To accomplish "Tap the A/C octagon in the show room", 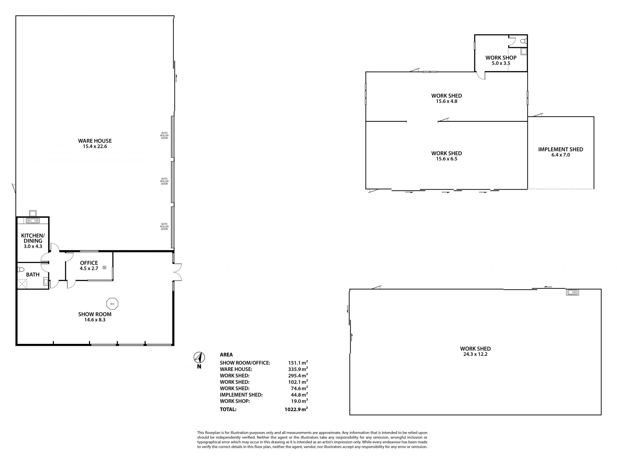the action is pyautogui.click(x=112, y=303).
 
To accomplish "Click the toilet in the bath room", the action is pyautogui.click(x=21, y=269).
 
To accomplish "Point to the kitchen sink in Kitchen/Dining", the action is pyautogui.click(x=33, y=220).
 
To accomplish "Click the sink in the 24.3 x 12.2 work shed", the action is pyautogui.click(x=572, y=292).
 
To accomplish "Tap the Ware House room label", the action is pyautogui.click(x=95, y=141).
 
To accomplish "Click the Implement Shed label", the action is pyautogui.click(x=560, y=149).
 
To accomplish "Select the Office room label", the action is pyautogui.click(x=89, y=263).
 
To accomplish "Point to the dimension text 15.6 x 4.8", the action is pyautogui.click(x=447, y=101).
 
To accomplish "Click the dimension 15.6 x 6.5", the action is pyautogui.click(x=447, y=159).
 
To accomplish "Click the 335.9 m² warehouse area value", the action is pyautogui.click(x=298, y=369).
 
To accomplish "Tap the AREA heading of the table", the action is pyautogui.click(x=226, y=355).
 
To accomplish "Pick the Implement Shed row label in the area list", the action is pyautogui.click(x=241, y=395).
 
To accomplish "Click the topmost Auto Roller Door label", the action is pyautogui.click(x=164, y=135).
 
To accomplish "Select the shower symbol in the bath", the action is pyautogui.click(x=22, y=283).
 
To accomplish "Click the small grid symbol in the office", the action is pyautogui.click(x=104, y=267).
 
